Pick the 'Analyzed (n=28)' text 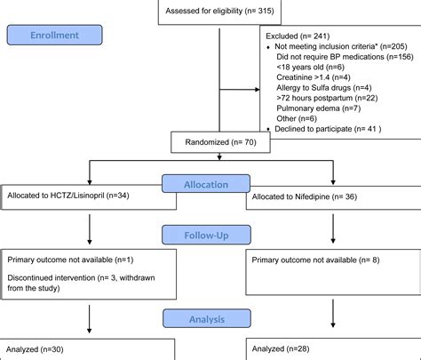coord(282,350)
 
